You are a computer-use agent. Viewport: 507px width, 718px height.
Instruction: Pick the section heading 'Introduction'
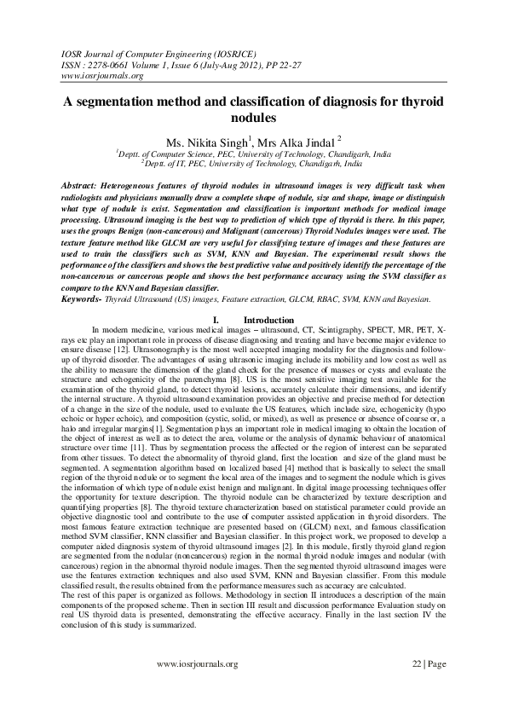(268, 319)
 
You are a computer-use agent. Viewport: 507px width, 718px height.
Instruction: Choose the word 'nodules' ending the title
(254, 118)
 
